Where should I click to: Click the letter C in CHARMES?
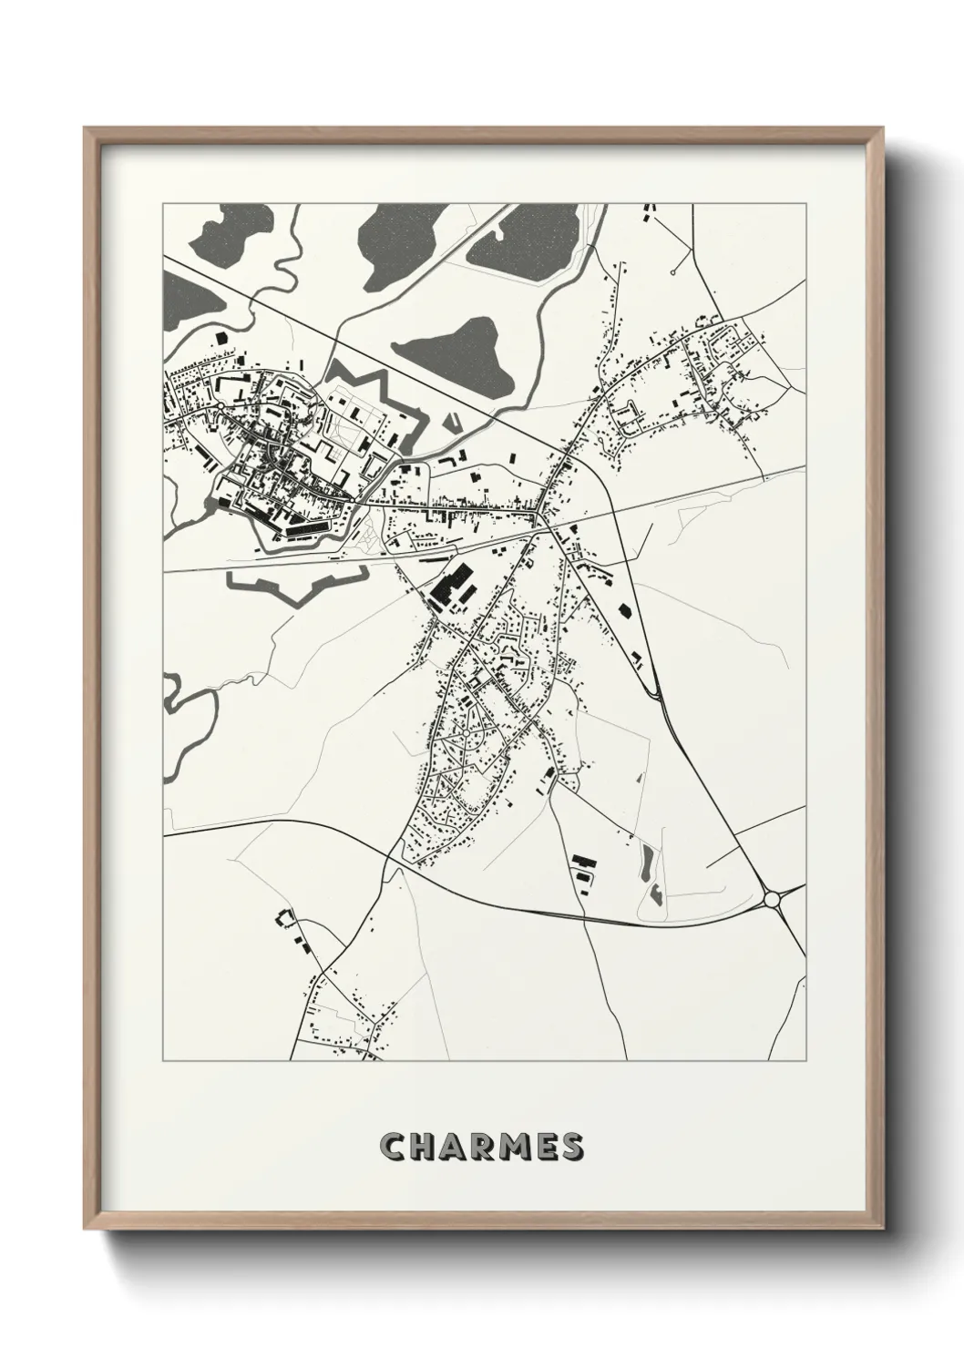tap(394, 1147)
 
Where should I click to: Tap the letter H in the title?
tap(423, 1147)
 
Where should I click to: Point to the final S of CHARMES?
tap(571, 1147)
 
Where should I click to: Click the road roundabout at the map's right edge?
tap(774, 899)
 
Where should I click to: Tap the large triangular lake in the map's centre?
tap(456, 351)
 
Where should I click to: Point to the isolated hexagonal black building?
tap(625, 610)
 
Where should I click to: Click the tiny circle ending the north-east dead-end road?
tap(672, 271)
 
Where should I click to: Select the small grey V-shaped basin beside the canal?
tap(453, 423)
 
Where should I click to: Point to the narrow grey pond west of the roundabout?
tap(648, 860)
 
